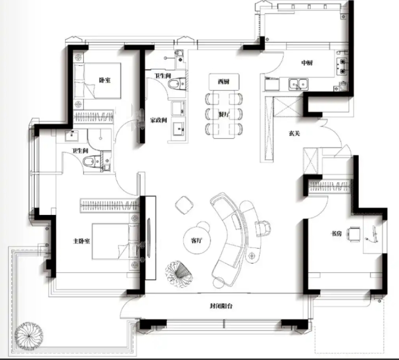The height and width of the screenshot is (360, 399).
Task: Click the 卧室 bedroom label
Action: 105,80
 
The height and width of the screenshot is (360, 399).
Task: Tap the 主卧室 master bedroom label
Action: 81,241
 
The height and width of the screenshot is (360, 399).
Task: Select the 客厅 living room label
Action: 196,241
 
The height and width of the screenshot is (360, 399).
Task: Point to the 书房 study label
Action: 336,233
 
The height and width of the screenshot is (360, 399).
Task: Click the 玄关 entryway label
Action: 294,133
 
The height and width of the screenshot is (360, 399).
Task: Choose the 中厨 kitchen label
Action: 307,63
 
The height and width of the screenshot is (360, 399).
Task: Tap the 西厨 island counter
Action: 224,82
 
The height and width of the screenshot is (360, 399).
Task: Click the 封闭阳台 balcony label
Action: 221,306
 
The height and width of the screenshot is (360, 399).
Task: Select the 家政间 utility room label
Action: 158,120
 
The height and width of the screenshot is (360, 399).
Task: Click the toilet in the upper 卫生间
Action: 177,84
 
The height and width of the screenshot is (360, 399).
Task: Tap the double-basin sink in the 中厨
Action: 298,84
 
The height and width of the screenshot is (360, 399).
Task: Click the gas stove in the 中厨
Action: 342,66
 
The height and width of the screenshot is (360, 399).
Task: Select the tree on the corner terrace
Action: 29,336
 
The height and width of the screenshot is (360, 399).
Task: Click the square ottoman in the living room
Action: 184,205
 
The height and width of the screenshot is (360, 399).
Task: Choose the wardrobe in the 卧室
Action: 93,117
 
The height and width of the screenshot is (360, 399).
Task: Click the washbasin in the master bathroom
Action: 72,136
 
